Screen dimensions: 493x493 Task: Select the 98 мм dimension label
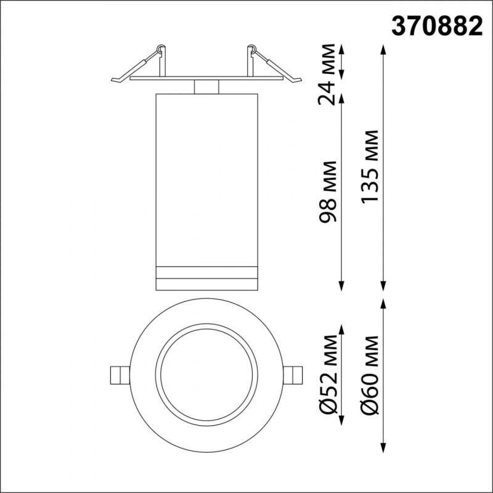(x=332, y=192)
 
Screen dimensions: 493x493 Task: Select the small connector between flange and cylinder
(x=206, y=87)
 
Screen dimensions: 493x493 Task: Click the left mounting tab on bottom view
(x=118, y=375)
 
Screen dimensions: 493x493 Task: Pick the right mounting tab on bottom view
(x=295, y=375)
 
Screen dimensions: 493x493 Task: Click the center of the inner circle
(x=206, y=375)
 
